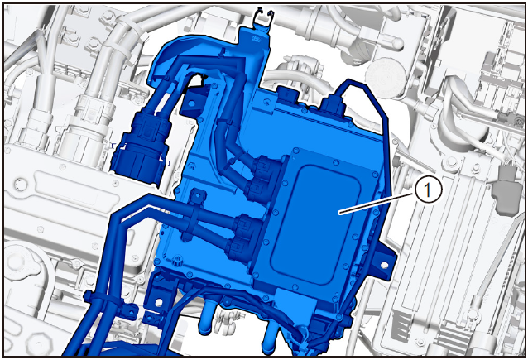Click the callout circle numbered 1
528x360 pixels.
point(427,190)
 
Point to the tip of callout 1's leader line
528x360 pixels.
point(339,214)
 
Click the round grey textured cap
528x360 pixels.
point(386,78)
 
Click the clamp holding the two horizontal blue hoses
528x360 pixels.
point(195,215)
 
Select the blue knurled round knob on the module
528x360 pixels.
point(177,260)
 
